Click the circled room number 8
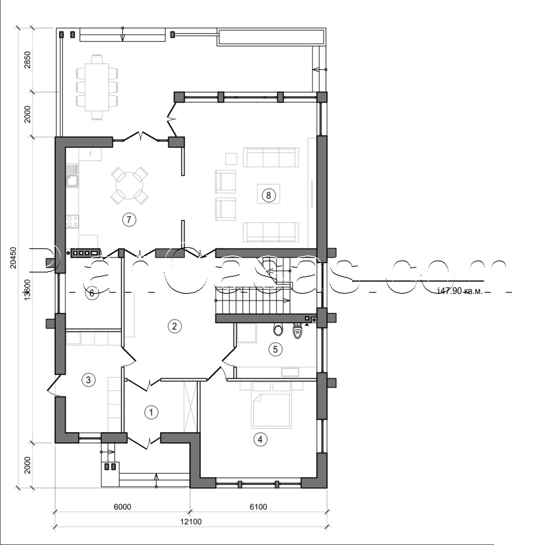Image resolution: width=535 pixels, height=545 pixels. click(269, 195)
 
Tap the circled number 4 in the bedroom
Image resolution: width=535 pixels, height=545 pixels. click(260, 439)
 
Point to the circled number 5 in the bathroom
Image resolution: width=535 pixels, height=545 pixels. click(275, 349)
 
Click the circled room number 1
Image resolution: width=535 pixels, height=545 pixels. click(152, 412)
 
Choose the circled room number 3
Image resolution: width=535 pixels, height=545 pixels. click(88, 379)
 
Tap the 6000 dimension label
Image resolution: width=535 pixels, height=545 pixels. click(122, 507)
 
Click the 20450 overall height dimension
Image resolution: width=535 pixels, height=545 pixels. click(14, 258)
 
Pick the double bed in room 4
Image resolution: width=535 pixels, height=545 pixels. click(271, 409)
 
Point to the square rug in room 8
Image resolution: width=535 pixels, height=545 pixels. click(269, 195)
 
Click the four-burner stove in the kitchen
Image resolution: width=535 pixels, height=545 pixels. click(72, 221)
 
